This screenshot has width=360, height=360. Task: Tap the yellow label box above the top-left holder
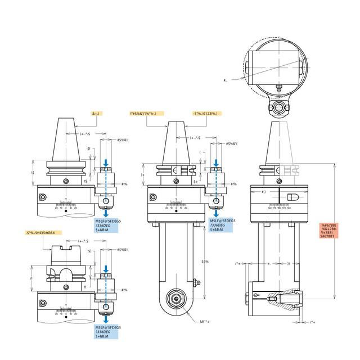point(96,114)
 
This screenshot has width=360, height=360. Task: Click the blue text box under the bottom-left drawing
point(109,332)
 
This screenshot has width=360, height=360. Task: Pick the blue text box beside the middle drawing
point(222,225)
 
